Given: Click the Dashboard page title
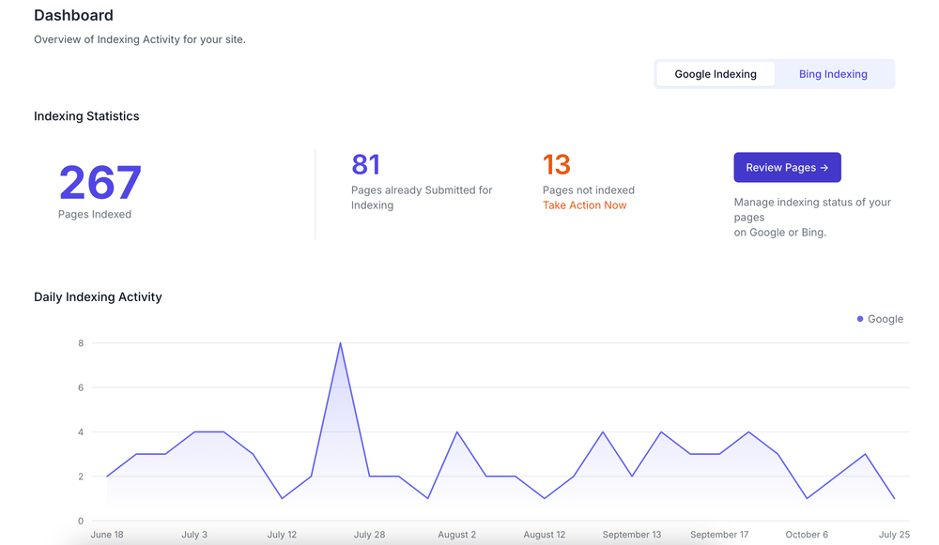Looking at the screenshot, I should pyautogui.click(x=73, y=16).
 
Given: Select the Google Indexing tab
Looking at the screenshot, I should pyautogui.click(x=716, y=74).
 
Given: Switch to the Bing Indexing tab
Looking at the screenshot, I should pyautogui.click(x=833, y=74).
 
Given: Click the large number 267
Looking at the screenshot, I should pyautogui.click(x=100, y=183).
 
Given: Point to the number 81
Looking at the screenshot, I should pyautogui.click(x=366, y=165).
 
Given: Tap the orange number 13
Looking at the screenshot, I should pyautogui.click(x=557, y=165).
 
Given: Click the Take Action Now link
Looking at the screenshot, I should pyautogui.click(x=584, y=205).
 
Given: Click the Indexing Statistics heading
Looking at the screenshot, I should pyautogui.click(x=86, y=116).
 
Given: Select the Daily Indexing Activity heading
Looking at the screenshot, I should pyautogui.click(x=98, y=297).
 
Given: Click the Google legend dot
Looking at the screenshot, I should pyautogui.click(x=860, y=319).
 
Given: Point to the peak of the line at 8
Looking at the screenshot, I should pyautogui.click(x=340, y=343).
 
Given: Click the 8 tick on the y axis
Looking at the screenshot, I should pyautogui.click(x=81, y=343).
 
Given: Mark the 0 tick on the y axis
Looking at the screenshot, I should pyautogui.click(x=81, y=521).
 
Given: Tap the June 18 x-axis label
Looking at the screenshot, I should pyautogui.click(x=107, y=535).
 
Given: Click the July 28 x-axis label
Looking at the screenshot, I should pyautogui.click(x=369, y=535).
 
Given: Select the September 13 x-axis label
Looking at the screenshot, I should pyautogui.click(x=632, y=535).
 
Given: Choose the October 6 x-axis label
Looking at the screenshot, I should pyautogui.click(x=807, y=535).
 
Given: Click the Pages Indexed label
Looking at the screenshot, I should pyautogui.click(x=95, y=215).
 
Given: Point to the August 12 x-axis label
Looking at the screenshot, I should pyautogui.click(x=545, y=535).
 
